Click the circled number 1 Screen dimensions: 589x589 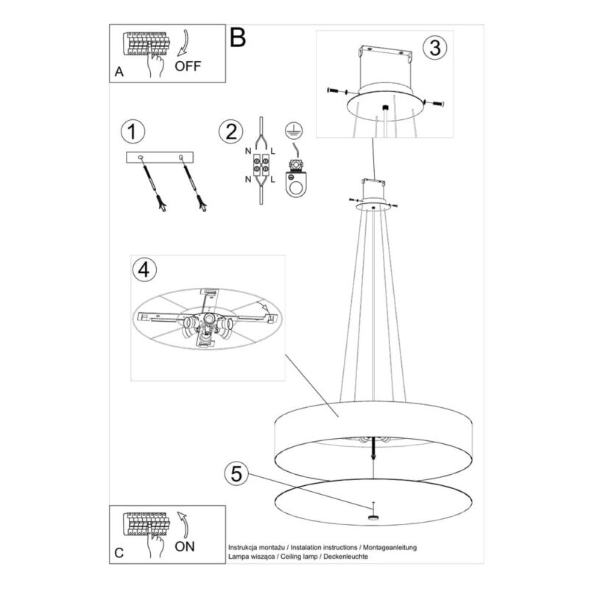click(133, 132)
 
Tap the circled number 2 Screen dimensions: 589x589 click(230, 132)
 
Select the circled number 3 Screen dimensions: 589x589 click(434, 48)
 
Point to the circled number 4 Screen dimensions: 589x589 click(144, 269)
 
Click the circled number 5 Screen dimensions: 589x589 click(236, 473)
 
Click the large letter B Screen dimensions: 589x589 click(238, 38)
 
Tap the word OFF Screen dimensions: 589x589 click(188, 66)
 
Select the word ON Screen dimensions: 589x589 click(185, 546)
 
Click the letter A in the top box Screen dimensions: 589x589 click(119, 71)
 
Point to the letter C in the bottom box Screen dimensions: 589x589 click(119, 553)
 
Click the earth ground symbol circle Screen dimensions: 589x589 click(294, 131)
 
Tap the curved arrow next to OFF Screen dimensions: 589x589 click(183, 43)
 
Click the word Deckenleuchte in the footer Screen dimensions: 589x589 click(345, 557)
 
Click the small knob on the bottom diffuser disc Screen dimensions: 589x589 click(373, 518)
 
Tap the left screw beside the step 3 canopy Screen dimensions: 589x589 click(337, 91)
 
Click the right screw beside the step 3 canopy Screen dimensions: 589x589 click(434, 102)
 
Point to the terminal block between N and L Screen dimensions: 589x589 click(261, 164)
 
